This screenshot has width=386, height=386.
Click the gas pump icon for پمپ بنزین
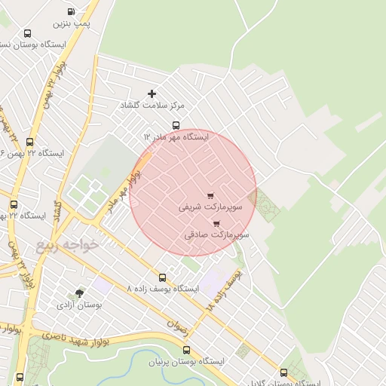click(71, 12)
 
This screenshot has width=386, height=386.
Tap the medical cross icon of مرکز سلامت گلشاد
click(152, 93)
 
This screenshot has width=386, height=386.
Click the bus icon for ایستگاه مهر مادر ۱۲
click(176, 125)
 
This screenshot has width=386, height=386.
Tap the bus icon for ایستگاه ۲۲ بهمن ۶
click(30, 141)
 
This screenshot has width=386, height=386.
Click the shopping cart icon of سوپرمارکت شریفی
click(210, 196)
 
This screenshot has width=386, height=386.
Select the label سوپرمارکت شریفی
click(210, 206)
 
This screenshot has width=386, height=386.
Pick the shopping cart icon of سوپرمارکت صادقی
click(216, 223)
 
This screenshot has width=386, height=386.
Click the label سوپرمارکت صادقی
click(216, 234)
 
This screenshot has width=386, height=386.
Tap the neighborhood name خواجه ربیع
click(67, 245)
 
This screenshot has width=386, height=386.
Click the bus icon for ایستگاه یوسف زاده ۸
click(161, 277)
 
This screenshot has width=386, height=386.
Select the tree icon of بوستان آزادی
click(79, 293)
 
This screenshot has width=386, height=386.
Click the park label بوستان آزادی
click(79, 305)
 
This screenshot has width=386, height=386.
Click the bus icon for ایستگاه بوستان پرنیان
click(186, 349)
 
